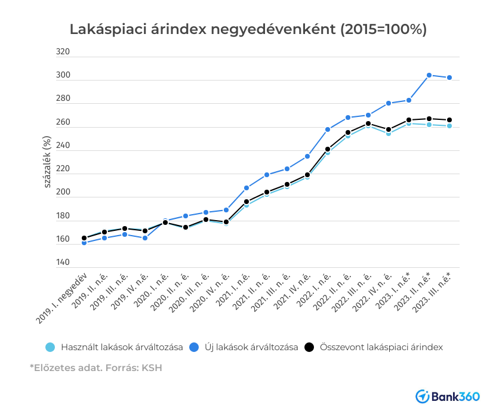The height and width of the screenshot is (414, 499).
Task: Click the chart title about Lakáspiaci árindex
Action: pos(248,29)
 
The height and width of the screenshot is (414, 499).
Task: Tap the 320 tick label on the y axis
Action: pos(63,52)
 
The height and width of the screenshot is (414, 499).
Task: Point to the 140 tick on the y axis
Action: pos(63,262)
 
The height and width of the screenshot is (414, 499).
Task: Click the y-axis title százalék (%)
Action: pos(47,161)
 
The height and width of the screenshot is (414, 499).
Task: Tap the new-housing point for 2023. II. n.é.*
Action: pos(429,75)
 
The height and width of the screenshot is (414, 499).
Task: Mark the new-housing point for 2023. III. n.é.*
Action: pos(449,78)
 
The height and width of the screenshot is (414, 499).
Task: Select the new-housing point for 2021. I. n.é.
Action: pos(247,188)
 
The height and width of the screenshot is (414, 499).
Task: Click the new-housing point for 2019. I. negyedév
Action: pos(84,243)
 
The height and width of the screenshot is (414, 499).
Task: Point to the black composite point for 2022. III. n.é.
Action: pos(368,123)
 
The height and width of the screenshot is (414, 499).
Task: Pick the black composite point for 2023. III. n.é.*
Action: pos(449,120)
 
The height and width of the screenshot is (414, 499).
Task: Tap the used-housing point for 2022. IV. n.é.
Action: pos(389,134)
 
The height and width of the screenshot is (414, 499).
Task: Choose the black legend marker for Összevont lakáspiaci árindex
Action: pos(309,347)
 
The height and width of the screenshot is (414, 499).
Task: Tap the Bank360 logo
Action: pos(452,396)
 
